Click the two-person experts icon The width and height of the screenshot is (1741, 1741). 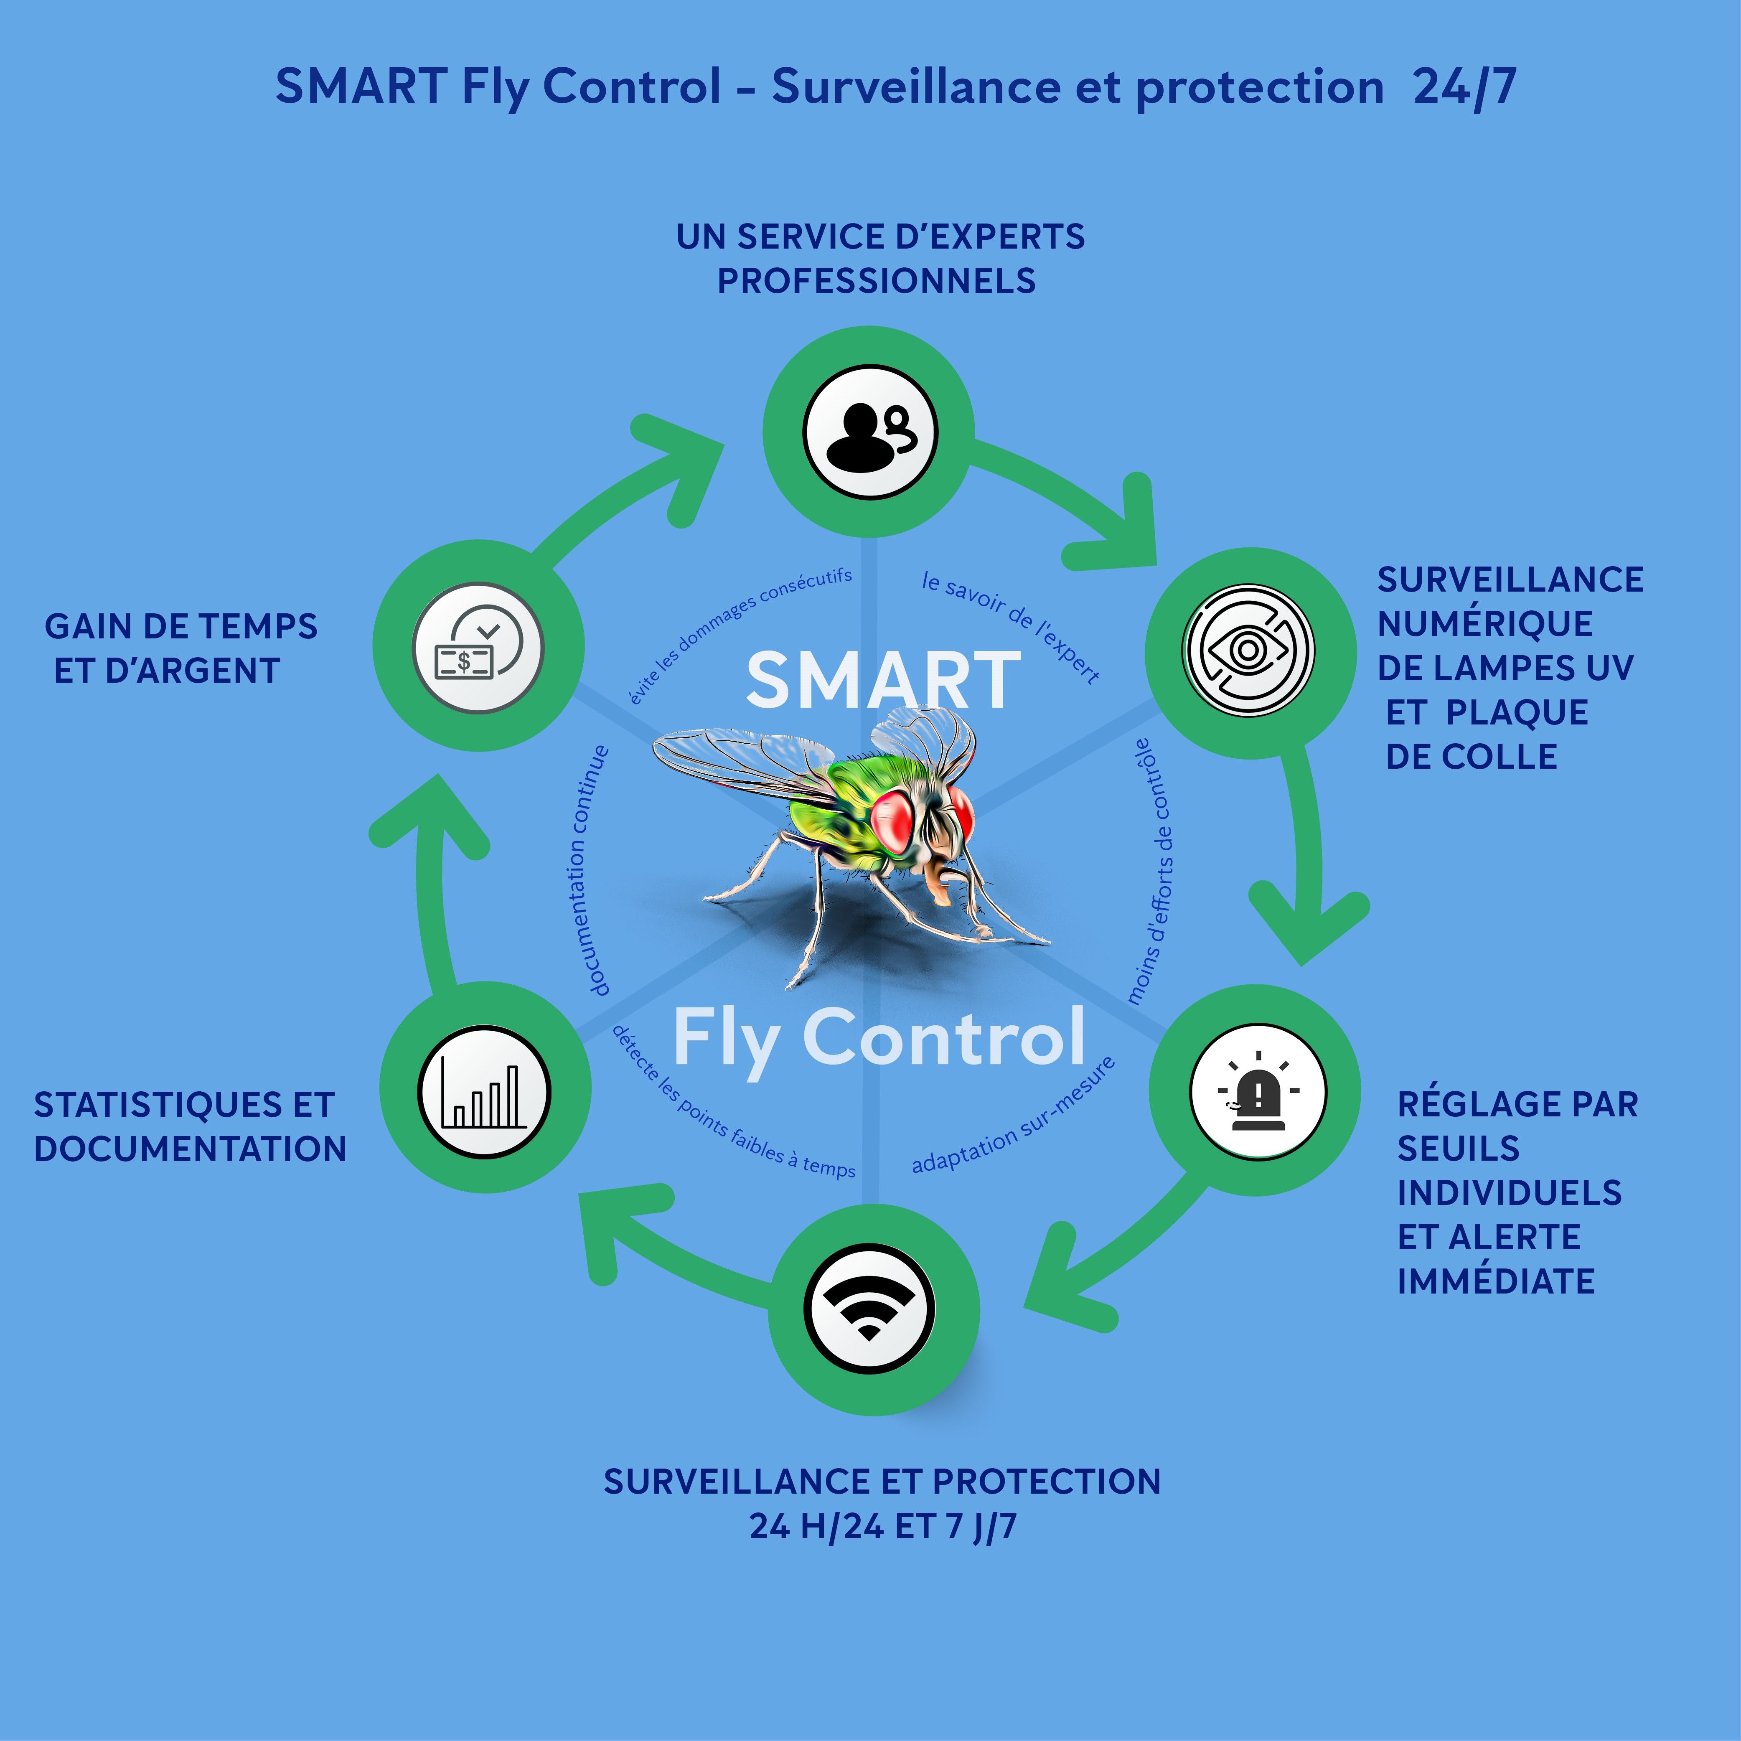[869, 432]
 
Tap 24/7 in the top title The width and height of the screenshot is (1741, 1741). [1464, 87]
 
